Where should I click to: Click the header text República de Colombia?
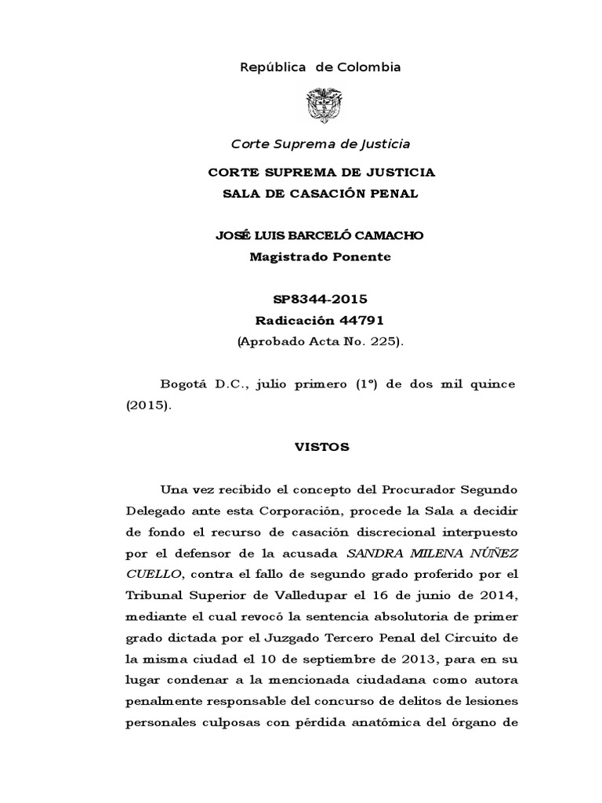(x=320, y=67)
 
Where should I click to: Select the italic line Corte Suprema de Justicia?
(x=320, y=144)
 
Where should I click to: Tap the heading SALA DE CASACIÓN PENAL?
(x=321, y=194)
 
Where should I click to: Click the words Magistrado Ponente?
(x=320, y=256)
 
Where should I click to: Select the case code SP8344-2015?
(x=320, y=300)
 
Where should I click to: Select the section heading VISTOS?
(x=320, y=448)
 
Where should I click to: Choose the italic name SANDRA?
(x=371, y=554)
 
